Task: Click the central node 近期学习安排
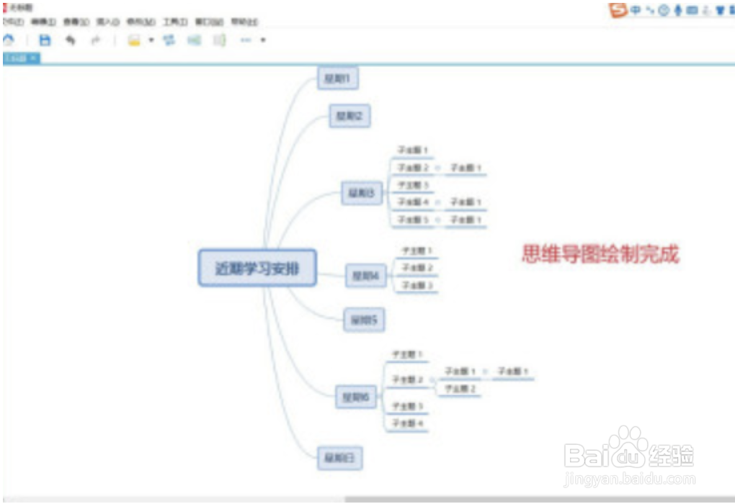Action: pos(257,269)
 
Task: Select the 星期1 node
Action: pos(337,78)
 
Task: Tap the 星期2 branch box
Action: pos(349,115)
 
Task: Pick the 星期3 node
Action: pos(361,193)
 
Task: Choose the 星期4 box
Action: pos(366,274)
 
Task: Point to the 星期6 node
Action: pos(356,397)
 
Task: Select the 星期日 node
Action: pos(339,457)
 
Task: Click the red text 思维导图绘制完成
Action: pos(600,253)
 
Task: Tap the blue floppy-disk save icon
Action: pos(45,40)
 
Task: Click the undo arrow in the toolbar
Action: pos(70,40)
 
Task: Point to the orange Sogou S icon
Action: pos(618,10)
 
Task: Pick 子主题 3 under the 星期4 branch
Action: pos(417,286)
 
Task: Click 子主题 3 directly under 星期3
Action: pos(413,185)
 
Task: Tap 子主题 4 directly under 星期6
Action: pos(407,424)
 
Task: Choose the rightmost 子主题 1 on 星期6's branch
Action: pos(513,372)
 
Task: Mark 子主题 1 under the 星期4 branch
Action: pos(417,251)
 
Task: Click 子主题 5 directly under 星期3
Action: pos(413,220)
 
